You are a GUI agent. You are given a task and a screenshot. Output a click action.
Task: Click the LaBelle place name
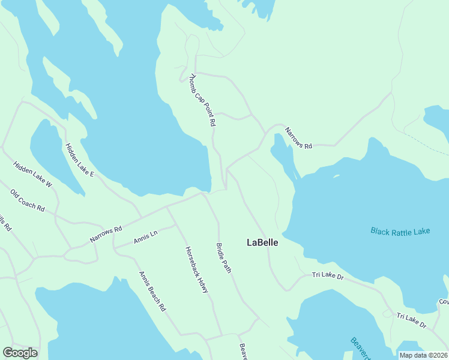pos(262,242)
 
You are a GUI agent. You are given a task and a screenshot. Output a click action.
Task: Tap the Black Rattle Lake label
pos(400,231)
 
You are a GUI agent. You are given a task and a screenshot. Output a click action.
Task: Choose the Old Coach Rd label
pos(28,200)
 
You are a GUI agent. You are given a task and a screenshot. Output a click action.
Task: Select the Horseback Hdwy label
pos(196,270)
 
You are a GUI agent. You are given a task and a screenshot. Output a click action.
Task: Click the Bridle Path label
pos(223,258)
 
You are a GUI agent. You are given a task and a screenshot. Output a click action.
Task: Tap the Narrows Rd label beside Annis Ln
pos(106,234)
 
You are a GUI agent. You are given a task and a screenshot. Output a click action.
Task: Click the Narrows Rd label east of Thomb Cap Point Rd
pos(298,138)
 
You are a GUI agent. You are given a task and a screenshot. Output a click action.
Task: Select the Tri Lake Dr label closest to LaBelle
pos(327,275)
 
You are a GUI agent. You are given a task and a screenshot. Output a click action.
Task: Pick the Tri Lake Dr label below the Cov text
pos(411,320)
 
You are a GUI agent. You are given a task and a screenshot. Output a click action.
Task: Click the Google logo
pos(20,353)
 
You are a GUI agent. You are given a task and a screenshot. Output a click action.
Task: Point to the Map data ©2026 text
pos(423,355)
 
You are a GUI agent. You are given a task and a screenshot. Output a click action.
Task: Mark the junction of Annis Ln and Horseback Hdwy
pos(175,226)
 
